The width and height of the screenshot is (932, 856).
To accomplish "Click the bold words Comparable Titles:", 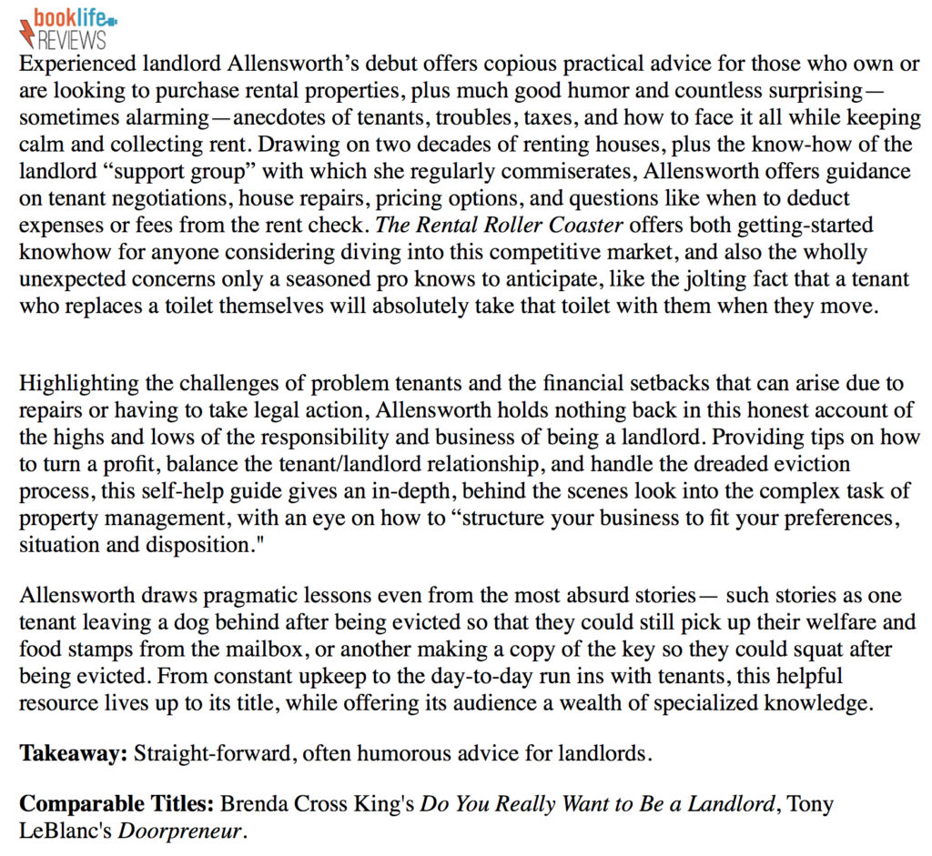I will click(x=117, y=805).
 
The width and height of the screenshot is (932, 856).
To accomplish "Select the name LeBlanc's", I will click(x=66, y=831).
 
